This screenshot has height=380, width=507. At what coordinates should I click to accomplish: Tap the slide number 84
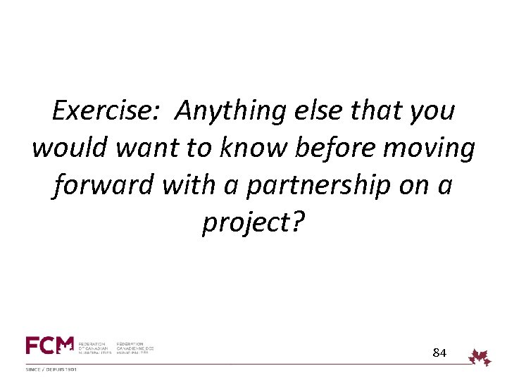pos(439,352)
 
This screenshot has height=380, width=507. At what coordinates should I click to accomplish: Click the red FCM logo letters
pos(49,346)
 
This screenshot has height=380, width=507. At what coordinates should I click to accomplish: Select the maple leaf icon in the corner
pos(481,357)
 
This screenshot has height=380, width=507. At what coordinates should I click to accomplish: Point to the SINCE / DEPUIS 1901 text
pos(51,369)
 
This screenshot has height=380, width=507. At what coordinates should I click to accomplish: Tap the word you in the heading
pos(432,112)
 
